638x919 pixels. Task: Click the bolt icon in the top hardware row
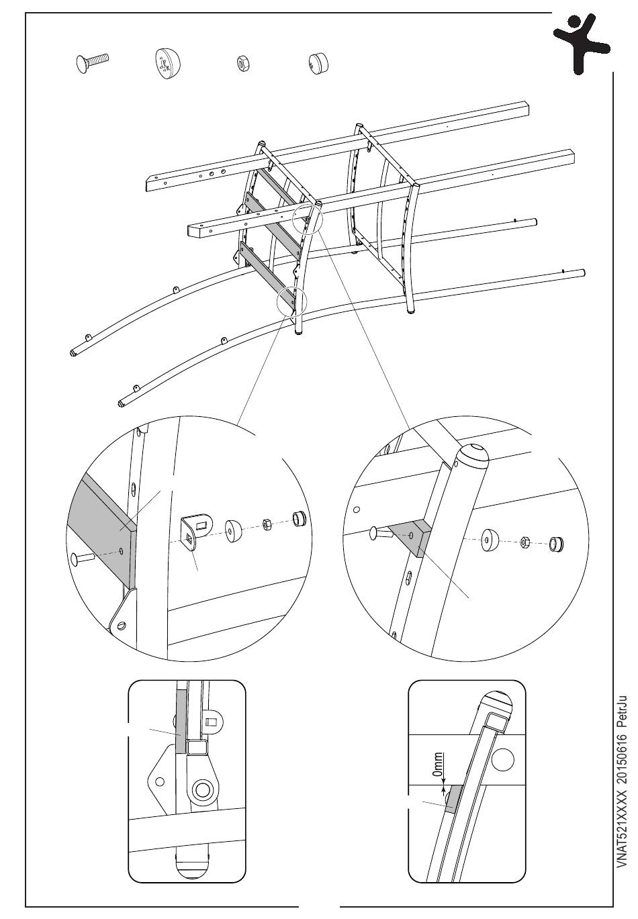[91, 63]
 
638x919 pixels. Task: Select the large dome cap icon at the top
[168, 63]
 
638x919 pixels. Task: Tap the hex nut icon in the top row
[240, 64]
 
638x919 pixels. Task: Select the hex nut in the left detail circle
[266, 524]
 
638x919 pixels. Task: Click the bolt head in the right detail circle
[376, 534]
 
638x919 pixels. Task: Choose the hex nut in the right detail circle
[526, 540]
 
